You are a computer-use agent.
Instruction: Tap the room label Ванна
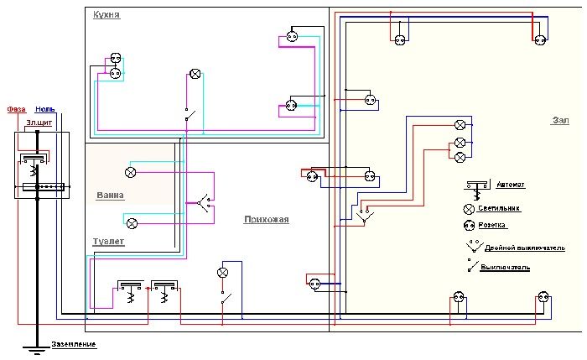[110, 196]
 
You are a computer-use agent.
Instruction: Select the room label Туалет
[108, 241]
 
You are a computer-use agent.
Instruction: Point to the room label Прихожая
[266, 220]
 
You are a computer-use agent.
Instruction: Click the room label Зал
[560, 121]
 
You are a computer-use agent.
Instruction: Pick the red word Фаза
[16, 110]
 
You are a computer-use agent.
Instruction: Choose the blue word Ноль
[45, 110]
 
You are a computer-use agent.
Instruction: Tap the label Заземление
[74, 345]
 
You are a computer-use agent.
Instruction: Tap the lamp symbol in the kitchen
[195, 74]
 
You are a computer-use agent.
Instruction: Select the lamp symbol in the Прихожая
[223, 273]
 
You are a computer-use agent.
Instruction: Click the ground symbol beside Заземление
[36, 347]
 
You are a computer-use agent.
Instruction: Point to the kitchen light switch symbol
[188, 115]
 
